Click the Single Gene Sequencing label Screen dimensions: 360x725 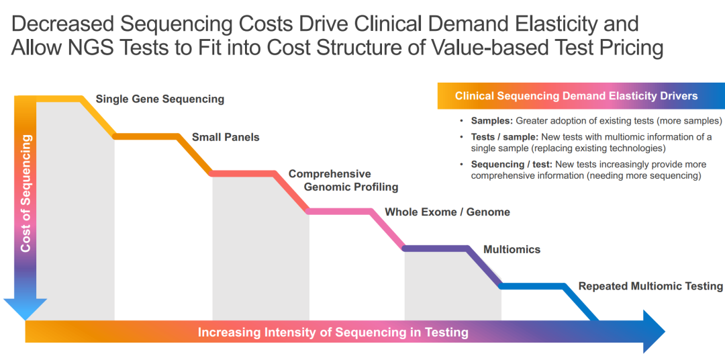160,99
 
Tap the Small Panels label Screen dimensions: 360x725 226,137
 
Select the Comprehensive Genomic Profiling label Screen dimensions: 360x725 343,180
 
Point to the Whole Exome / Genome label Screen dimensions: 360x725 447,212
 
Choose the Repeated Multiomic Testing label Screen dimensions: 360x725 650,286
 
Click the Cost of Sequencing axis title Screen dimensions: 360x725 26,193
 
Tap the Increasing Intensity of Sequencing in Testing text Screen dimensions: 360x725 333,332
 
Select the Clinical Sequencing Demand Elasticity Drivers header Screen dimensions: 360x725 576,96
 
